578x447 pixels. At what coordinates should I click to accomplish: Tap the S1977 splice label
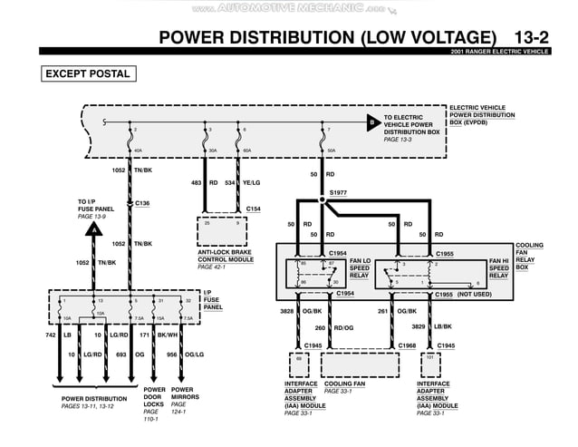(x=338, y=192)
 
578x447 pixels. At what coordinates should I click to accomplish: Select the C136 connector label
(x=142, y=203)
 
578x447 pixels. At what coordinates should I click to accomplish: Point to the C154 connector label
(x=254, y=209)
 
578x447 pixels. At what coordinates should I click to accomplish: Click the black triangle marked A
(x=92, y=230)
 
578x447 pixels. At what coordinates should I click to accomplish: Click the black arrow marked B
(x=371, y=121)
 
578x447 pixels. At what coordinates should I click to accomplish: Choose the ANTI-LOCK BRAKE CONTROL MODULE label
(x=226, y=259)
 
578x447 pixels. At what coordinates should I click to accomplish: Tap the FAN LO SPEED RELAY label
(x=360, y=268)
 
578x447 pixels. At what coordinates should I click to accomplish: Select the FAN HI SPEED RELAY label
(x=498, y=268)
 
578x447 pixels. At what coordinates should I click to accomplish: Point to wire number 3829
(x=419, y=326)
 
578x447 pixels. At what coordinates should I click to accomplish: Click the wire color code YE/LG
(x=251, y=182)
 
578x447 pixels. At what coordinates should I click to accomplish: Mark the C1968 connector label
(x=407, y=345)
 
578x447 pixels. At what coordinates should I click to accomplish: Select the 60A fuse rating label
(x=247, y=151)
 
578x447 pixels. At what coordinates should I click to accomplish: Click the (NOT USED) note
(x=476, y=294)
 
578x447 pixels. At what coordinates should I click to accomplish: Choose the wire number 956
(x=172, y=355)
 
